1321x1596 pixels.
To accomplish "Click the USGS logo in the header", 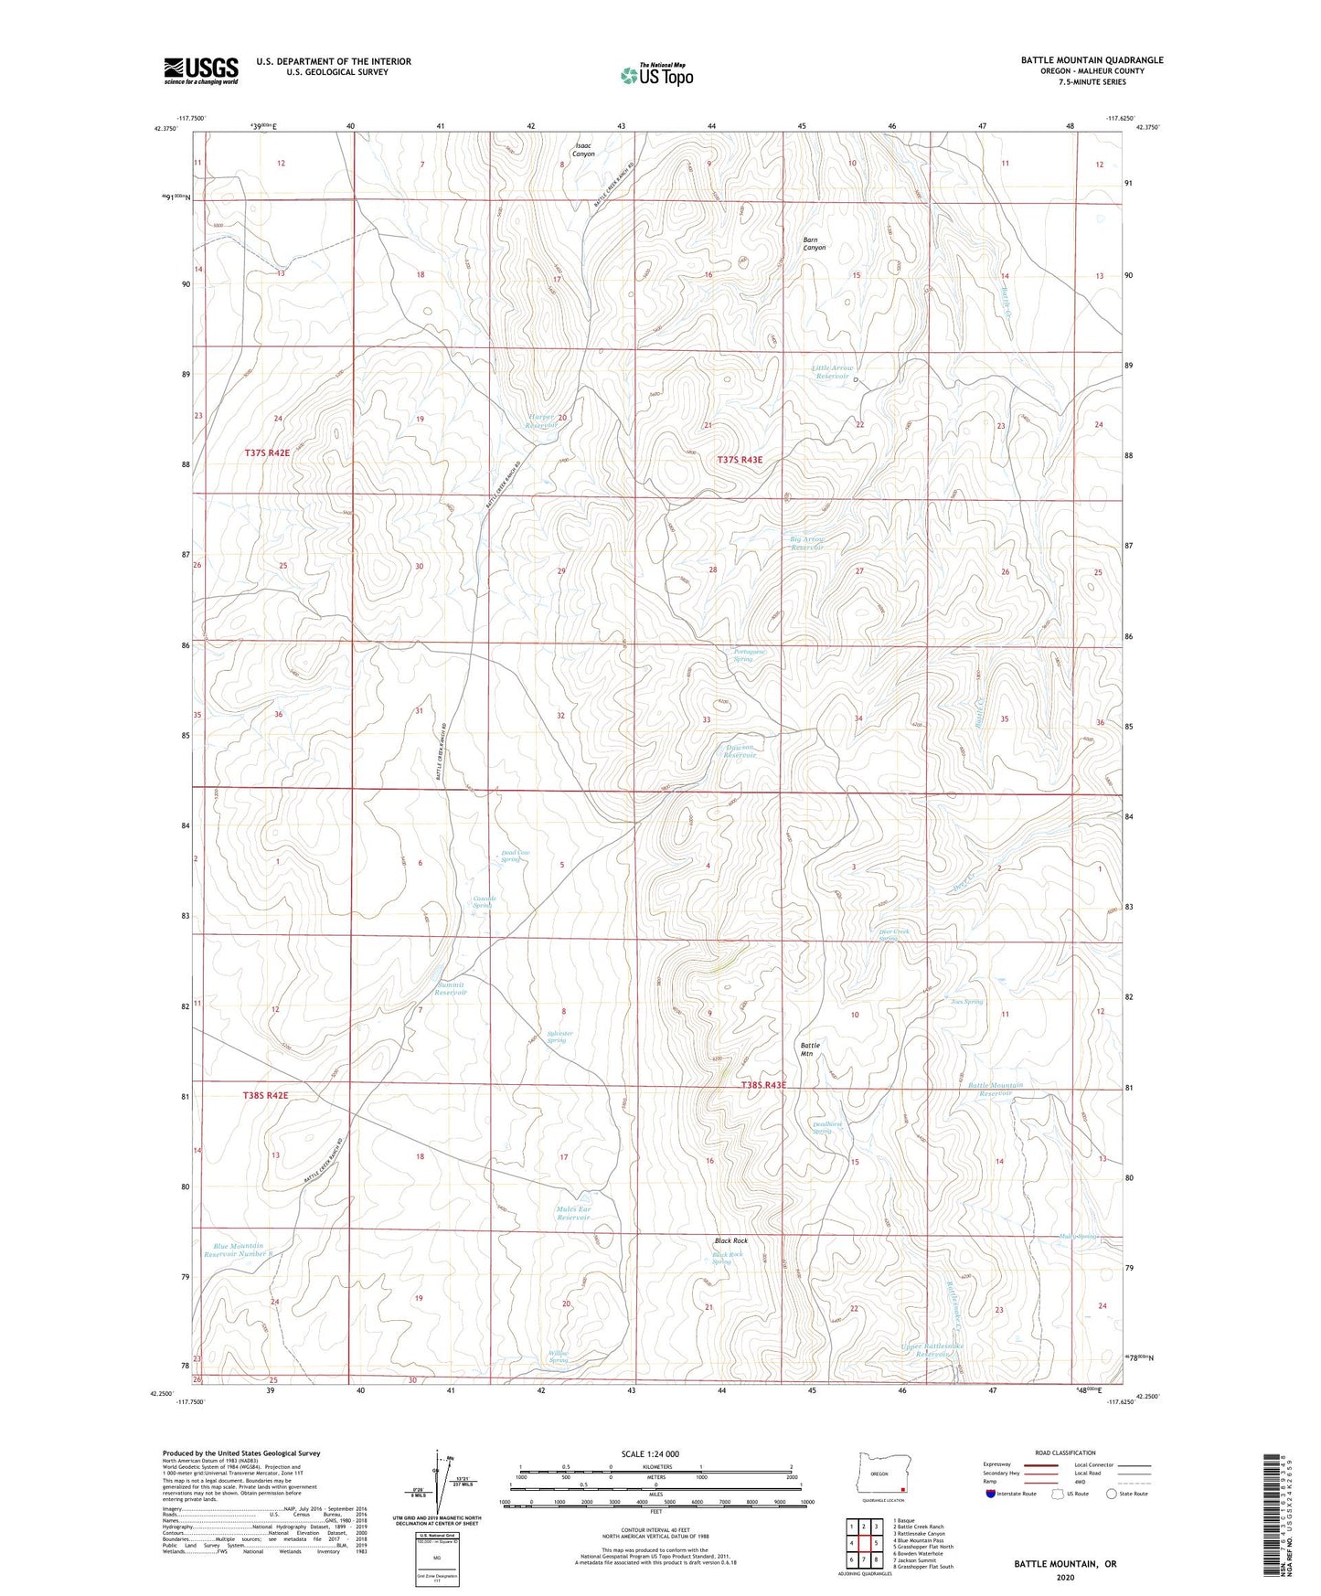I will [x=201, y=70].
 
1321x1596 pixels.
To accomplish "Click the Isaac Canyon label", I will [x=583, y=150].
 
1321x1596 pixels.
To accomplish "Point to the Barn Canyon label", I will [x=814, y=244].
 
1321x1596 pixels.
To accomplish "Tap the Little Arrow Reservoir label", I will [x=833, y=372].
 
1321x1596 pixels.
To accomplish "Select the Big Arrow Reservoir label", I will [x=807, y=543].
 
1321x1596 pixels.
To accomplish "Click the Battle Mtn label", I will [x=810, y=1049].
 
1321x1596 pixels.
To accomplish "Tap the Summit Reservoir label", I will [x=451, y=988].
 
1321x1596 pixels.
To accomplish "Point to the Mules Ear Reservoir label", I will [x=574, y=1213].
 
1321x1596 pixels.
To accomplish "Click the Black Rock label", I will [x=731, y=1240].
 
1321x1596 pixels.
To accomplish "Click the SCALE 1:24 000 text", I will [x=649, y=1453].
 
